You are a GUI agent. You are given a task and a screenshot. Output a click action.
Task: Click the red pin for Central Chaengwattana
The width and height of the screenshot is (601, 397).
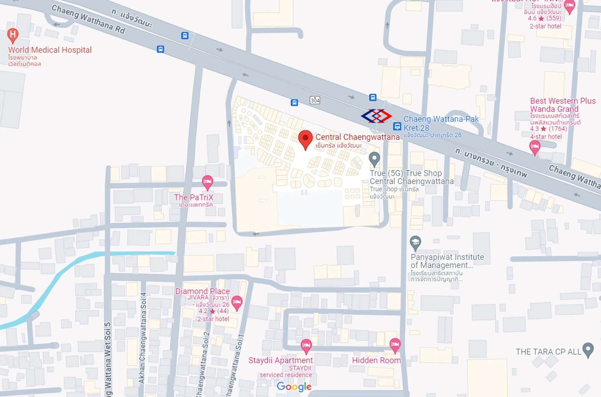pos(306,139)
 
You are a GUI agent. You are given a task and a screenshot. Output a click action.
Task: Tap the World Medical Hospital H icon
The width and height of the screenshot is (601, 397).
pos(13,35)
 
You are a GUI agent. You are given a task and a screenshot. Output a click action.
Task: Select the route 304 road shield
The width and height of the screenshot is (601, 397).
pos(315,100)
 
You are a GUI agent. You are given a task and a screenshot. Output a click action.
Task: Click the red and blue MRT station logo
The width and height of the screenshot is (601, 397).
pos(376,116)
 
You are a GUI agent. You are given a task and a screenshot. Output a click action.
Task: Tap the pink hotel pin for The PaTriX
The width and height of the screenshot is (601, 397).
pos(207,182)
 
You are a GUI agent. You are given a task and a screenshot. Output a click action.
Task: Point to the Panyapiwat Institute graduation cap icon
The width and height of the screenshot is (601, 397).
pos(415,242)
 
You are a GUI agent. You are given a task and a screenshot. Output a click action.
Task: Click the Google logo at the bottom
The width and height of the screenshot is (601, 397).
pos(294,387)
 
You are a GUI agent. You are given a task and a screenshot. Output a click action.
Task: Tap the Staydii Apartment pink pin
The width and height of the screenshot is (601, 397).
pos(306,346)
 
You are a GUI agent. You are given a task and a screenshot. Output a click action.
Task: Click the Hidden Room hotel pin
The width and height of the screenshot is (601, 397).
pos(395,345)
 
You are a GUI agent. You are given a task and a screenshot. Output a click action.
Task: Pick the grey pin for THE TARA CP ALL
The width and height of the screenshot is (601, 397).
pos(588,349)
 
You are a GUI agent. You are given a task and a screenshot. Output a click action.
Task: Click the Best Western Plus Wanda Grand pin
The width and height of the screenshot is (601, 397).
pos(535,147)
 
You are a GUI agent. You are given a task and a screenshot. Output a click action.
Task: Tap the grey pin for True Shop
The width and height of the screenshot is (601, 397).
pos(374,159)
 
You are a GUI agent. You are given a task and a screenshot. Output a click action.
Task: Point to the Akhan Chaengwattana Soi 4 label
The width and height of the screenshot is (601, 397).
pos(142,338)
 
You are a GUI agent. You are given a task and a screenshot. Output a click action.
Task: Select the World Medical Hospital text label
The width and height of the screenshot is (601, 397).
pos(50,50)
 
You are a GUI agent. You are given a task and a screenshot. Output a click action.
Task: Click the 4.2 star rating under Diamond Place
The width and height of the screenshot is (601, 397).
pos(213,311)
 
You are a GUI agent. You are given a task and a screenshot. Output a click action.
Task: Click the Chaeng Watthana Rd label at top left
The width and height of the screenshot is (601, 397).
pos(88,19)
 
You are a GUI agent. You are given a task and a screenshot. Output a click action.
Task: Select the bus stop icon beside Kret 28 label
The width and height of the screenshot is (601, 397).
pos(397,126)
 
